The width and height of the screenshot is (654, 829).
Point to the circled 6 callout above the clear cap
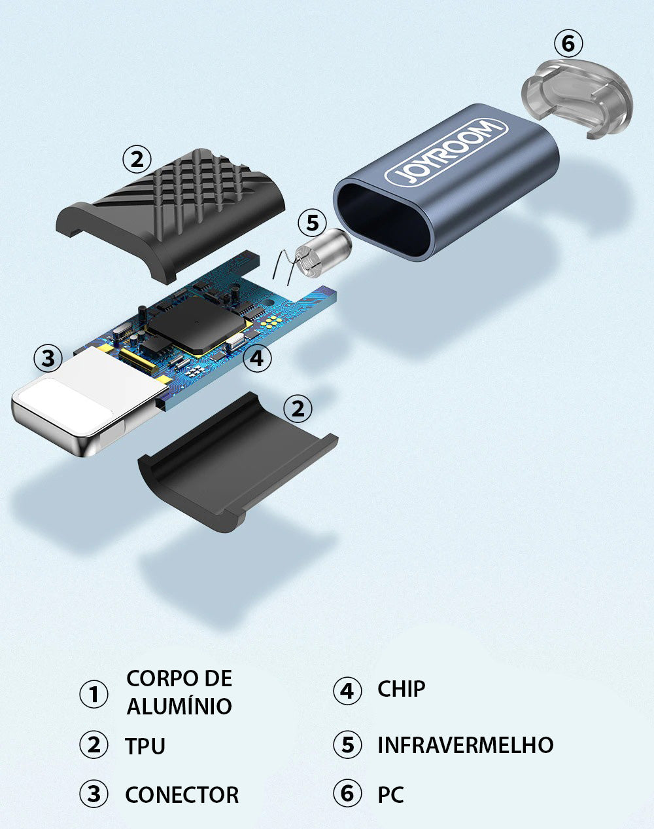(568, 44)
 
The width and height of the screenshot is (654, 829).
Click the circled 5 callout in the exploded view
(313, 223)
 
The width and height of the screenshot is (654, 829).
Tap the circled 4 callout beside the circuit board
(256, 358)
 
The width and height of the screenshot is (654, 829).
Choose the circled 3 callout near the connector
(48, 358)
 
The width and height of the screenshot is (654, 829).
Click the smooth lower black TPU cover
(235, 458)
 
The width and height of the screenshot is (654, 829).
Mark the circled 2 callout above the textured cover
(137, 158)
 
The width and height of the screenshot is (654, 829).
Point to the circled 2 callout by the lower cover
(298, 409)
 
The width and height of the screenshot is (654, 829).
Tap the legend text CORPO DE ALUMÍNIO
(179, 692)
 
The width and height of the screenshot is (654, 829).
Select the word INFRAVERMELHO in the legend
(465, 745)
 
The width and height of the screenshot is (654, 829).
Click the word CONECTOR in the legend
(182, 794)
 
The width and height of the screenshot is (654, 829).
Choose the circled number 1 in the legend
(94, 694)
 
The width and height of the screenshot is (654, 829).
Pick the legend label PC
(390, 794)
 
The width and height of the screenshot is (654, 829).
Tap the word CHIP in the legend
(401, 689)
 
